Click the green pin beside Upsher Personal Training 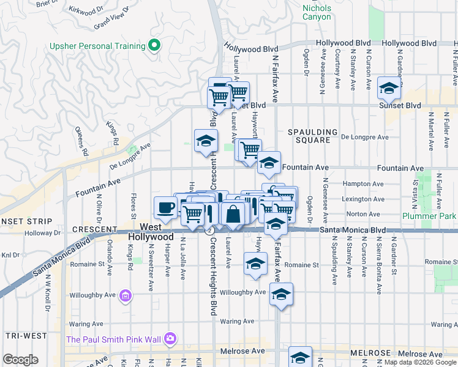point(155,45)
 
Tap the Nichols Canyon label point(317,12)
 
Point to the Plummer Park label point(430,216)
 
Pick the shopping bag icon point(233,214)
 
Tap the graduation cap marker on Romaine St point(255,264)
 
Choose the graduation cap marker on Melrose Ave point(300,357)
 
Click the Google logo point(20,360)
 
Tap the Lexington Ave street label point(364,199)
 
